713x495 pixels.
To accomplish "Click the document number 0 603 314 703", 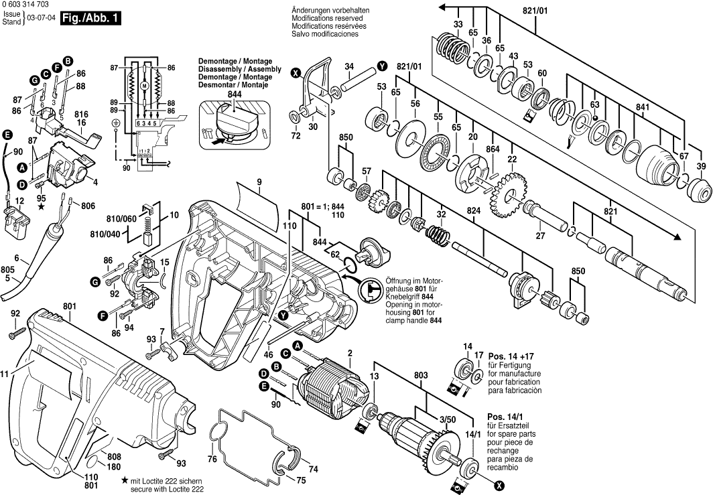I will coord(29,5).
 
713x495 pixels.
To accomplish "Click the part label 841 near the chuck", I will coord(642,107).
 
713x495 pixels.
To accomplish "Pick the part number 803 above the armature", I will coord(420,376).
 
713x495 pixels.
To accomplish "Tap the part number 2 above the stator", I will coord(349,353).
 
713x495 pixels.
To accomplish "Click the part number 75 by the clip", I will coord(302,480).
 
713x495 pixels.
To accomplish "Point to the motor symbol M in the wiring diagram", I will coord(143,87).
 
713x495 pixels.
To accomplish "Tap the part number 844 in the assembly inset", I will coord(235,95).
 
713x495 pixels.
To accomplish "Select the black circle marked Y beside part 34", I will coord(382,66).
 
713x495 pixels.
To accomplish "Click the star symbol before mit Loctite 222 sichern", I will coord(125,481).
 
